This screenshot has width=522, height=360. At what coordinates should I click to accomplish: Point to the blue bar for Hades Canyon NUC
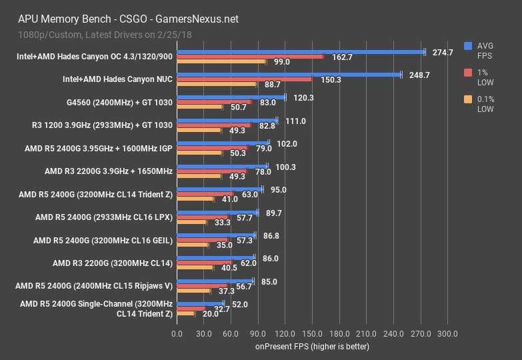coord(289,75)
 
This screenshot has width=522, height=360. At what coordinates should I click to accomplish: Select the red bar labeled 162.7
coord(249,57)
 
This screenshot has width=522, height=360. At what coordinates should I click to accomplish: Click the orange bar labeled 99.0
coord(221,61)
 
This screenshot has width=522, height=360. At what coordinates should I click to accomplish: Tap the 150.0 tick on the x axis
coord(312,333)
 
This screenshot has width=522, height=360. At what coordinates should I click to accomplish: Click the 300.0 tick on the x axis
coord(447,333)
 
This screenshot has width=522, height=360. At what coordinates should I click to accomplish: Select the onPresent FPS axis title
coord(312,347)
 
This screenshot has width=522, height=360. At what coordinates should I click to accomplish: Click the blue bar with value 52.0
coord(200,303)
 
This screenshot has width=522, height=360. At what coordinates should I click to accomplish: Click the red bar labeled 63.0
coord(205,194)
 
